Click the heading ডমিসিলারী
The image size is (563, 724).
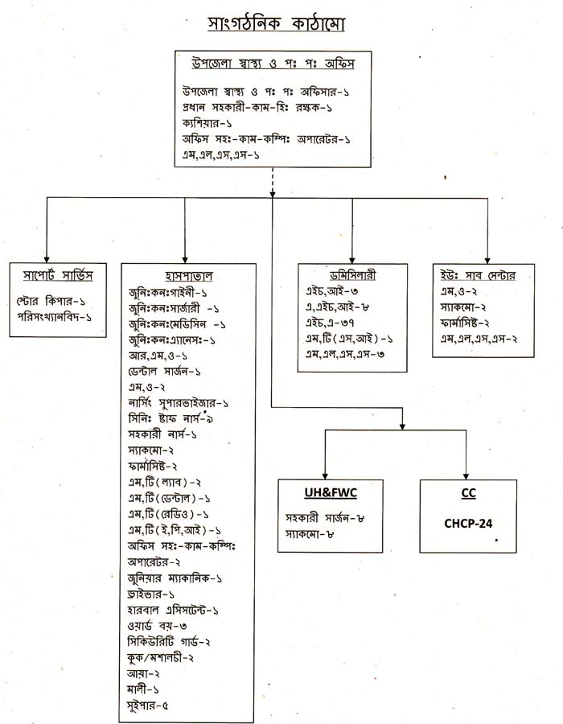[x=350, y=275]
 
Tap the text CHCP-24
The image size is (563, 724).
[x=468, y=524]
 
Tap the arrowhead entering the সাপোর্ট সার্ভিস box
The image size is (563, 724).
[x=47, y=256]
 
